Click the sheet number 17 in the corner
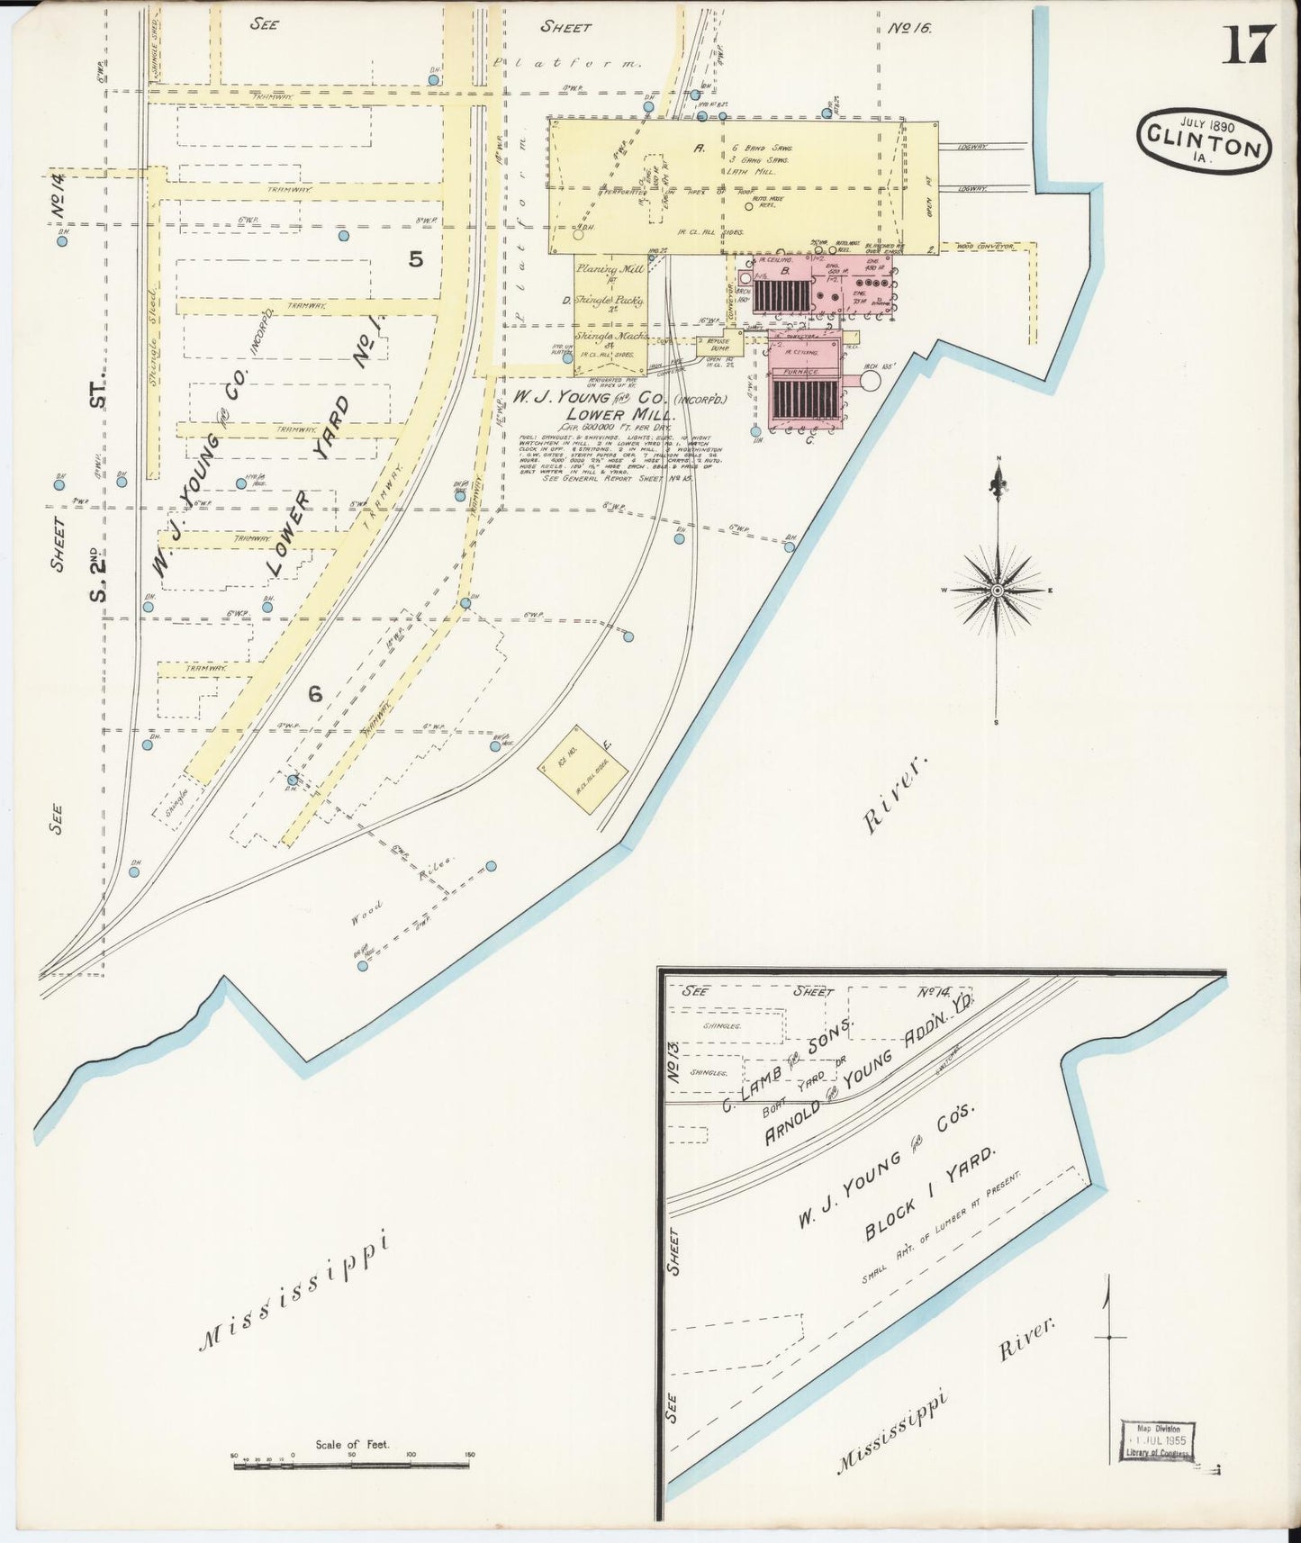[1248, 45]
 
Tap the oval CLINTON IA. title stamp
[1204, 142]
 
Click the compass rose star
[998, 591]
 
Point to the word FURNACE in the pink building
[804, 370]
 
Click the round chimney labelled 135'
[868, 381]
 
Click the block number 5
[415, 259]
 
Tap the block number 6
[315, 693]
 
